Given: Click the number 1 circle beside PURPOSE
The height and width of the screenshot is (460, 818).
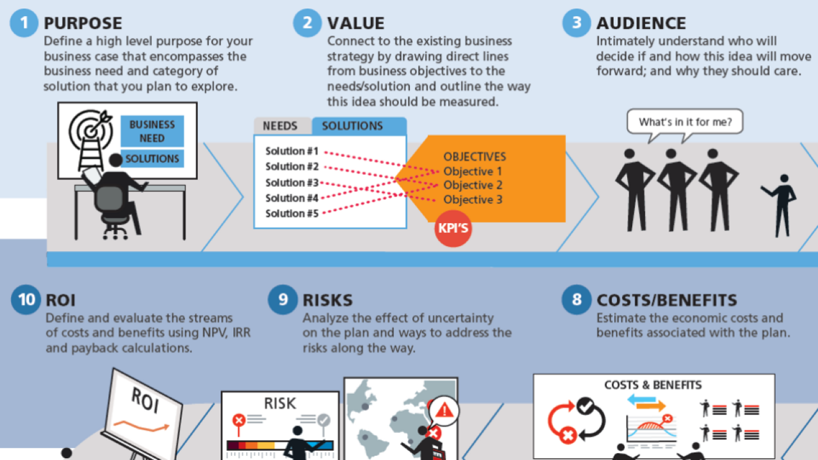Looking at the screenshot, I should coord(24,23).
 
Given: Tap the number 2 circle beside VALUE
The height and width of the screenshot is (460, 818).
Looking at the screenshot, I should coord(307,23).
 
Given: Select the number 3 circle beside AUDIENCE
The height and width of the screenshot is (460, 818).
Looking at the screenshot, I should coord(576,23).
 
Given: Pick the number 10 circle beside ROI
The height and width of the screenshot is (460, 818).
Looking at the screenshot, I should coord(26,299).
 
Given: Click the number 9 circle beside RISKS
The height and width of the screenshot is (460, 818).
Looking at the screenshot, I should coord(283,299).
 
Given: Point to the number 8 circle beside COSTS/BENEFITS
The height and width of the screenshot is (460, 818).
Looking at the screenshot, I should coord(576,299).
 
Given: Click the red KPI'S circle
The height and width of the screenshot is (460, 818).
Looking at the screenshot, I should coord(453,228).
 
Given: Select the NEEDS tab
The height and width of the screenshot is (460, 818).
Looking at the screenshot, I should coord(280,126).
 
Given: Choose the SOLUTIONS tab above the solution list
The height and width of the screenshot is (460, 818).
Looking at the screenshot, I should coord(352,126).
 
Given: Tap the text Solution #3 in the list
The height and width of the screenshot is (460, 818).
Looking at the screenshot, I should coord(292,182).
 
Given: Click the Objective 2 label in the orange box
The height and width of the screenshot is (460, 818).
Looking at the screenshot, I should coord(473,185).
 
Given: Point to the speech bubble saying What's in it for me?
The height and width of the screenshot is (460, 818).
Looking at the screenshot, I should coord(685,122).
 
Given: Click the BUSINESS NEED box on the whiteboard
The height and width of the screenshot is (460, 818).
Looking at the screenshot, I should coord(152,131).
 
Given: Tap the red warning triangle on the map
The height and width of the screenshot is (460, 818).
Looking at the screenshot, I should coord(444,410).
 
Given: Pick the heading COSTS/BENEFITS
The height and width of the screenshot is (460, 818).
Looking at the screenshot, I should coord(667,300).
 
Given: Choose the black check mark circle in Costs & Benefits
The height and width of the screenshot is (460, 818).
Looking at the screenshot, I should coord(585,406).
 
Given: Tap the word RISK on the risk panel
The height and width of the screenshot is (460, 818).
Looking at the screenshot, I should coord(280,404).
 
